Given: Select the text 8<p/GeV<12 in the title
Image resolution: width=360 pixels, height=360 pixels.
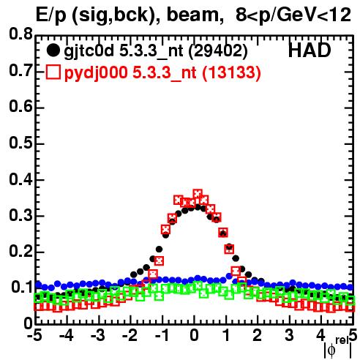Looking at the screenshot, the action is coord(293,15).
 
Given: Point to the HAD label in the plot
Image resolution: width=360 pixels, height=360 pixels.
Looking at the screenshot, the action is coord(310,50).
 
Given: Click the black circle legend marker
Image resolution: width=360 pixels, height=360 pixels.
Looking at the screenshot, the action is coord(53,50).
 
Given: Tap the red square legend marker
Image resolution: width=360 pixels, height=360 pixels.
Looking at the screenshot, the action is coord(53,72).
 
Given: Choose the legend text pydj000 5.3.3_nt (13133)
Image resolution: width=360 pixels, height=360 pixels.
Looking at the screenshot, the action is coord(162,73).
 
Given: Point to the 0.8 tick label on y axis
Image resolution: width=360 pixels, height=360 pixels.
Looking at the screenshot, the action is coord(20,34).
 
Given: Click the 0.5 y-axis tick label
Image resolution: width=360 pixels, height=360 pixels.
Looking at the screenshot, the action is coord(20,143).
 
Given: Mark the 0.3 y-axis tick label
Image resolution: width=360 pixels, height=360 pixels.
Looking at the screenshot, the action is coord(20,215).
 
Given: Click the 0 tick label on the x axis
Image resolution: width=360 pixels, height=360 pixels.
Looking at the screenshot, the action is coord(194,335).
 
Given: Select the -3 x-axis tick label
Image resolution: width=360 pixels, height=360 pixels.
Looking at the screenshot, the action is coord(98,335).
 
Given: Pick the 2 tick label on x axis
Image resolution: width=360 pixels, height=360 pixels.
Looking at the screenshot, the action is coord(257,335).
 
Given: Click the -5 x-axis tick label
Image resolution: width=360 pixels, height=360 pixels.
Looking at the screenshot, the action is coord(34,335).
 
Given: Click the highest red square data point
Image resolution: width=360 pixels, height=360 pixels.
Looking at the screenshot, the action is coord(198,195).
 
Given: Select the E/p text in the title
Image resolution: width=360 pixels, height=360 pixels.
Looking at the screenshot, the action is coord(51,15).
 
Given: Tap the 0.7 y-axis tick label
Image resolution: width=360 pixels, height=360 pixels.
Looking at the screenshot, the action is coord(20,70).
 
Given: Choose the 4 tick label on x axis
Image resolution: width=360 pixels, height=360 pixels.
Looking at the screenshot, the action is coord(320,335).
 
